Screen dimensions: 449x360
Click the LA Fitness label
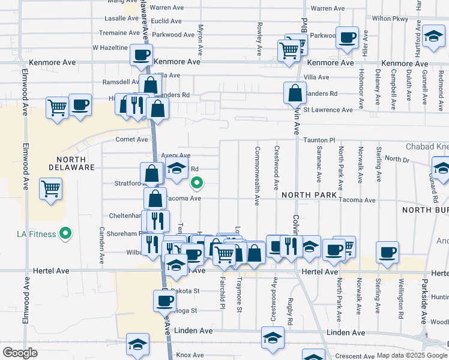tap(36, 233)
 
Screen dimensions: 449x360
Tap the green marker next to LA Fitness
tap(68, 233)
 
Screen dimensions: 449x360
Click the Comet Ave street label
tap(131, 139)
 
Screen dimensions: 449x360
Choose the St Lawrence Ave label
tap(328, 110)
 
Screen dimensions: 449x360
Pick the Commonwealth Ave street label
tap(257, 176)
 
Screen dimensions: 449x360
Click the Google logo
tap(20, 353)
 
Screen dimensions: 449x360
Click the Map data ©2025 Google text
tap(412, 355)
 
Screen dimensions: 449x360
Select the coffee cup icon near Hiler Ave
tap(347, 37)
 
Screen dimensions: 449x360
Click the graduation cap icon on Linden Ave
tap(273, 338)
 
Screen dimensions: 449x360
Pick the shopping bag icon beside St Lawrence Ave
tap(295, 94)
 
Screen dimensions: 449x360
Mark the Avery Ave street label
tap(175, 155)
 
